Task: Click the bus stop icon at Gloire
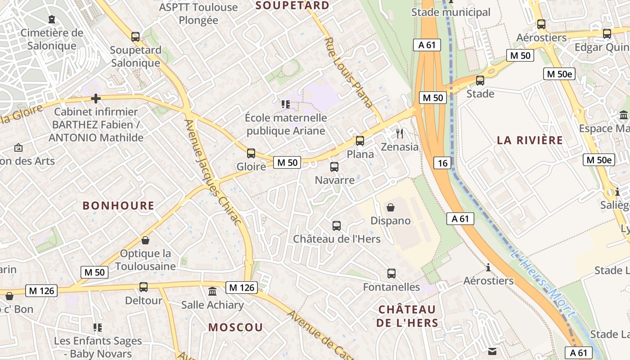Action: pos(251,153)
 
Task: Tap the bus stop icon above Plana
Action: pos(360,141)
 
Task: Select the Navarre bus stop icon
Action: pos(334,167)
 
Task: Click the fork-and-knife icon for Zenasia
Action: pos(399,133)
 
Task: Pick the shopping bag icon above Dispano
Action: pos(391,207)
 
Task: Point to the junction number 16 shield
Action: pos(443,163)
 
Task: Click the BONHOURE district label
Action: pos(118,206)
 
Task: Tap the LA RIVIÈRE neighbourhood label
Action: pos(530,140)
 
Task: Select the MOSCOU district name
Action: pos(235,328)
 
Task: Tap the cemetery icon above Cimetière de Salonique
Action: pos(52,19)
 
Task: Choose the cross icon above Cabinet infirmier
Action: pos(95,98)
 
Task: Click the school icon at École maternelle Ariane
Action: pos(285,104)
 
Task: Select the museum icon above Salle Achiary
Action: pos(212,292)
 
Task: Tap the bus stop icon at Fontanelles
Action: pos(391,273)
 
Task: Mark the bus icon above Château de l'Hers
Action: pos(337,225)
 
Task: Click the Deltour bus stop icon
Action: pos(143,287)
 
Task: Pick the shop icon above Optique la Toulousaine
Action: pos(145,240)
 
